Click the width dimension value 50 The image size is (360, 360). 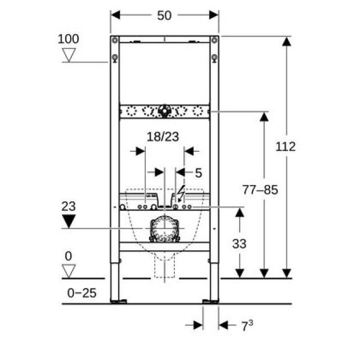click(164, 15)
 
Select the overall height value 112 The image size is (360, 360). click(286, 147)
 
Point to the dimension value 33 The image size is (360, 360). click(239, 244)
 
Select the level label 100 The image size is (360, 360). click(69, 39)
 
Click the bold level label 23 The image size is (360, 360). click(69, 206)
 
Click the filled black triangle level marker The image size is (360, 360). click(69, 221)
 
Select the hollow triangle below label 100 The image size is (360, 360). click(69, 55)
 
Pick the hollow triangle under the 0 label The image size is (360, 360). click(69, 271)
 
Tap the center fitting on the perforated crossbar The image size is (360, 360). click(164, 111)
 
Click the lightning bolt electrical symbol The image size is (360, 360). click(180, 195)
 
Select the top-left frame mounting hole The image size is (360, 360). click(115, 40)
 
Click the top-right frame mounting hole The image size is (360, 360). click(214, 40)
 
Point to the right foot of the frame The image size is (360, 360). click(213, 301)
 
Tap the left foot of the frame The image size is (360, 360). click(115, 301)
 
